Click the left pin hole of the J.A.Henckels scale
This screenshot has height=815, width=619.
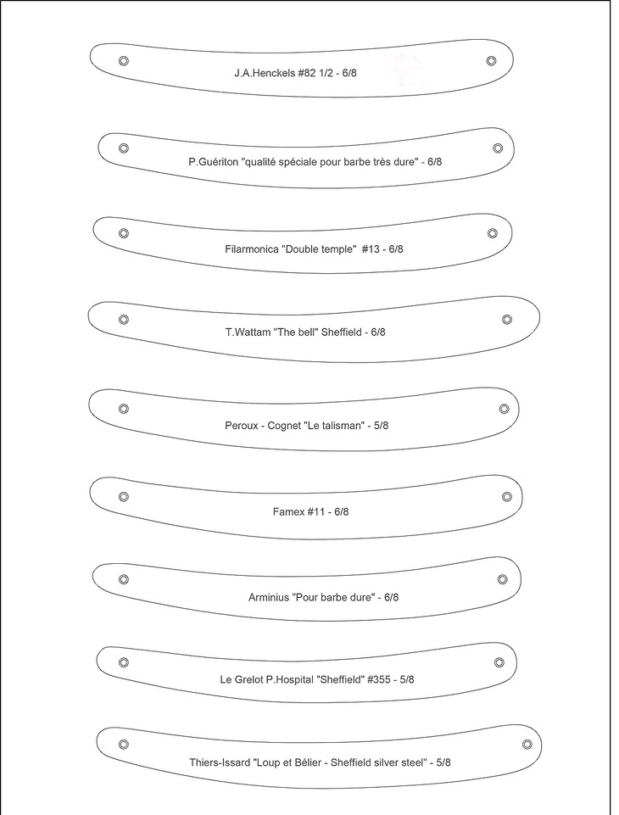[x=124, y=61]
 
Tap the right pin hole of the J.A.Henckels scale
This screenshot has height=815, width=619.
[x=491, y=60]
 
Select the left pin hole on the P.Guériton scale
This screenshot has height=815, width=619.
[x=123, y=148]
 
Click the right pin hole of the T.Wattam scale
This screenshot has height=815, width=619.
[x=507, y=320]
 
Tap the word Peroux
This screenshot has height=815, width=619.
[x=242, y=425]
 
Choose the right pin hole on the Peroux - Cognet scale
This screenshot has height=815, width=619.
[x=504, y=409]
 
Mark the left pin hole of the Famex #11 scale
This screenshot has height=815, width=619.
[x=124, y=496]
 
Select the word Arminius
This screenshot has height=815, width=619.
[x=268, y=597]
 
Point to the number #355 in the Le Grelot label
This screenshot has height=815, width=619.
[x=379, y=679]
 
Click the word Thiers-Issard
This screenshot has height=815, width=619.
[x=220, y=762]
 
